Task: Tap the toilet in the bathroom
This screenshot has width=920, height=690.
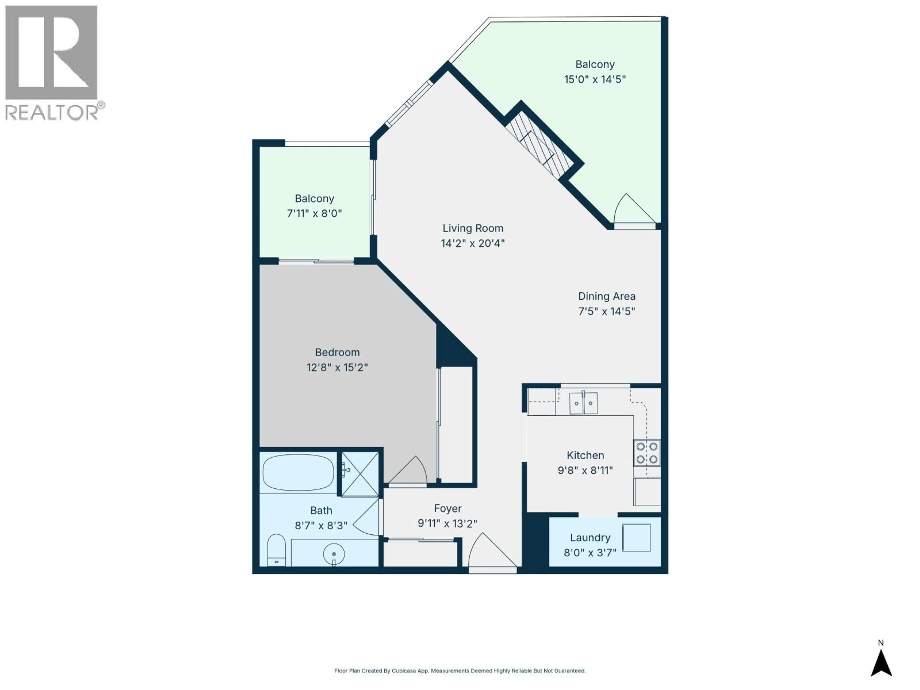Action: pos(276,550)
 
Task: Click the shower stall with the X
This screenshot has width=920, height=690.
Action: pos(360,474)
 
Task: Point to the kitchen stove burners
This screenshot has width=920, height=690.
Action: pos(647,453)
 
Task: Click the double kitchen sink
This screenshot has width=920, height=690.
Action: pos(583,402)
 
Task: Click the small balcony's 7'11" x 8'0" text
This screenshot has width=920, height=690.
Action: pos(314,214)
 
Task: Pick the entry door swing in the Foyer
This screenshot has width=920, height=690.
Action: pos(491,551)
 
